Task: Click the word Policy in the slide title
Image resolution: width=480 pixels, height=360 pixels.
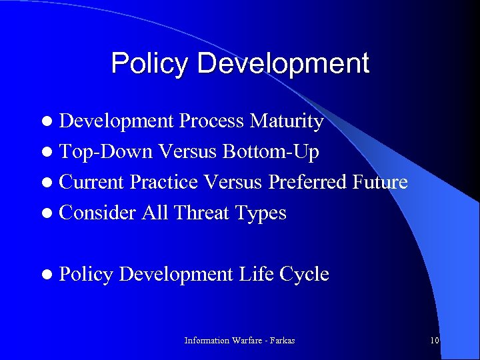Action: pyautogui.click(x=151, y=63)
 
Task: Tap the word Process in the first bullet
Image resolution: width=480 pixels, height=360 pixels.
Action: pyautogui.click(x=212, y=122)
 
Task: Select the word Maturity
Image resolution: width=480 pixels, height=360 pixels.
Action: pyautogui.click(x=287, y=122)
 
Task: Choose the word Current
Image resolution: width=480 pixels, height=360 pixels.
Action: pyautogui.click(x=93, y=182)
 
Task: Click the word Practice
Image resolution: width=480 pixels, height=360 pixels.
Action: pyautogui.click(x=164, y=182)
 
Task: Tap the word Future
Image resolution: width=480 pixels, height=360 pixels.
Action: pyautogui.click(x=381, y=182)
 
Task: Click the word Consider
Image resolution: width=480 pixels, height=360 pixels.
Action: pyautogui.click(x=97, y=213)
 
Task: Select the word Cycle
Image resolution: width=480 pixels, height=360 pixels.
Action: pyautogui.click(x=305, y=274)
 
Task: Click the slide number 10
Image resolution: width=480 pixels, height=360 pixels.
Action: pyautogui.click(x=434, y=341)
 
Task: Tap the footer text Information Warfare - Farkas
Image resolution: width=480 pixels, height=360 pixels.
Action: pyautogui.click(x=239, y=341)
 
